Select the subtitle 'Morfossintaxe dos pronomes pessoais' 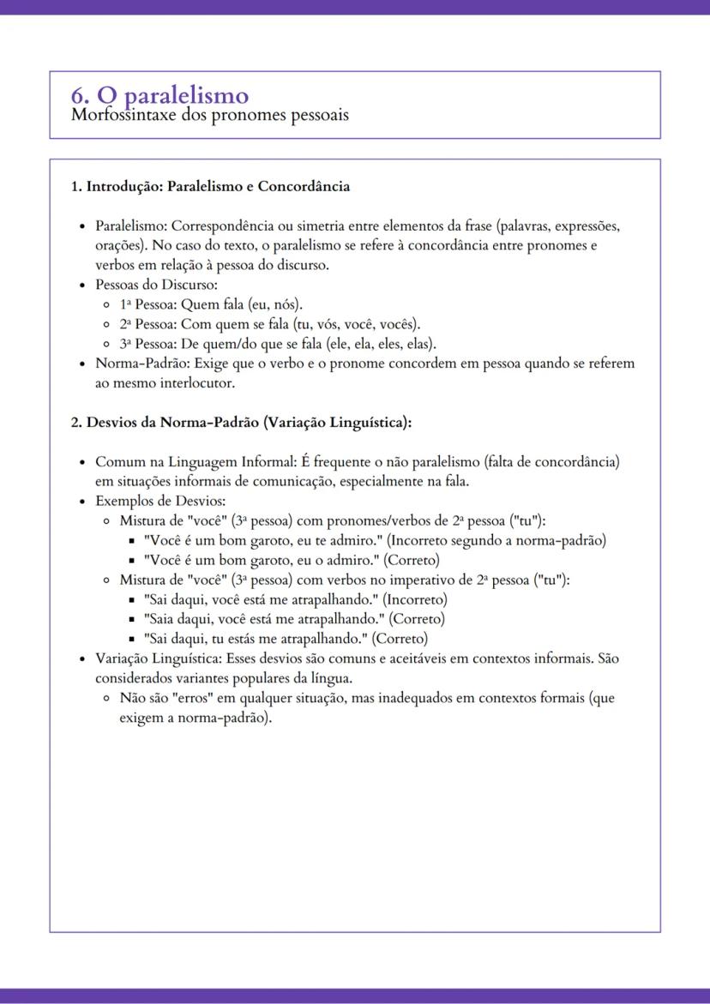(x=210, y=114)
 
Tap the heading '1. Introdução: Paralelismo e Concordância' (x=210, y=186)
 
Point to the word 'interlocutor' (x=195, y=383)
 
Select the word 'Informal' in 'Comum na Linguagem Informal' (x=269, y=462)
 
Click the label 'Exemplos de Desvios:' (x=159, y=502)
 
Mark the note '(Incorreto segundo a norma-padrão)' (x=497, y=541)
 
